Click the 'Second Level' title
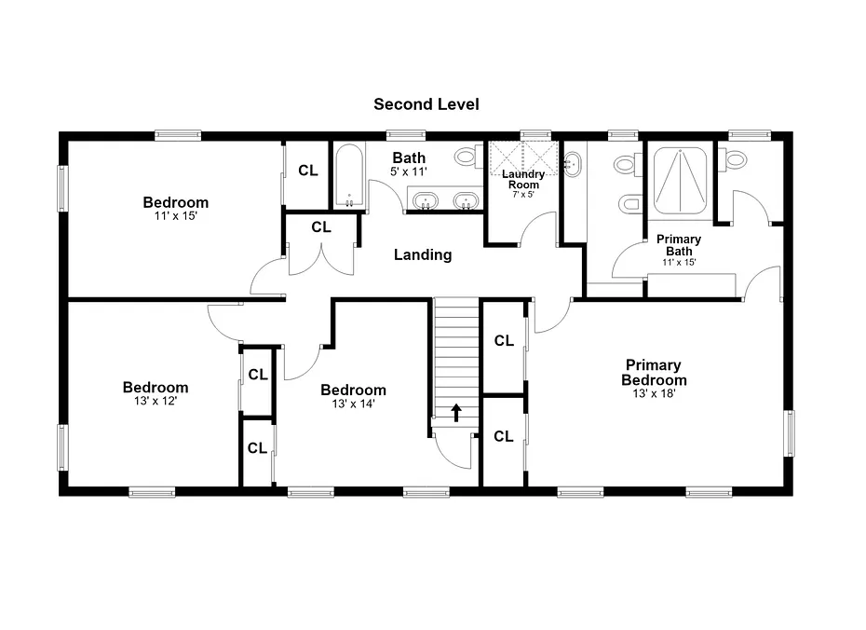[426, 103]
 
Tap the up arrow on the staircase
[456, 412]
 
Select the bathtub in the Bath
[349, 175]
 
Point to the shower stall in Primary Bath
[680, 180]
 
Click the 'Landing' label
[423, 254]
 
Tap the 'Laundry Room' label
[523, 179]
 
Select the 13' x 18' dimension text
[654, 394]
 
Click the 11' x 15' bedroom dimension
[176, 216]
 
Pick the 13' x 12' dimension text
[156, 402]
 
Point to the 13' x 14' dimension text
[354, 404]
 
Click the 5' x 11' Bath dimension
[409, 171]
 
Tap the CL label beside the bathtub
[308, 171]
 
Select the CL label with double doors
[321, 227]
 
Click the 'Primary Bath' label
[679, 245]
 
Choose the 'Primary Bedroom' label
[654, 373]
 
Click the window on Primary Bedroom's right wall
[790, 433]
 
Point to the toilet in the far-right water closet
[735, 158]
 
